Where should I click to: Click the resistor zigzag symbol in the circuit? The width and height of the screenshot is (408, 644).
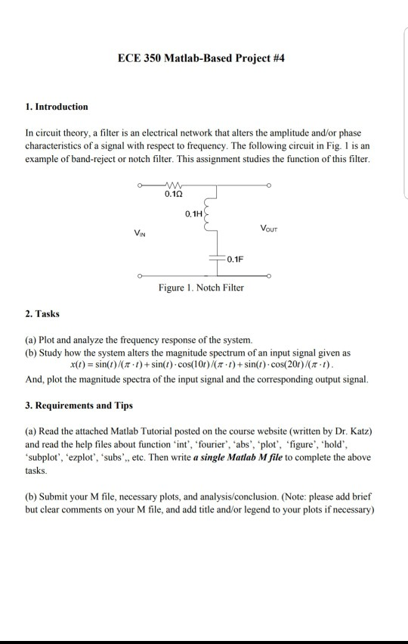click(x=173, y=183)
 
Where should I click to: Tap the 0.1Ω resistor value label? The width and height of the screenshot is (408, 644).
click(x=173, y=195)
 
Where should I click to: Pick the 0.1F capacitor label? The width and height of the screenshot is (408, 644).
click(x=234, y=260)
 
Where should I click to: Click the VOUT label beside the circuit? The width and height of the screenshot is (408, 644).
click(x=270, y=227)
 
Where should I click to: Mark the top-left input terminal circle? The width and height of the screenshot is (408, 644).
click(x=139, y=184)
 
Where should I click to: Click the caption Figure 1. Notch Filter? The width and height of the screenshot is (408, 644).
click(x=201, y=288)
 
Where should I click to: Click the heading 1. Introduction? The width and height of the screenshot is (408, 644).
click(x=57, y=107)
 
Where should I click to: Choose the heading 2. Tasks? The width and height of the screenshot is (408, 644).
click(x=43, y=313)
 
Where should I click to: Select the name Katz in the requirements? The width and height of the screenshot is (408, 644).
click(x=356, y=431)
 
